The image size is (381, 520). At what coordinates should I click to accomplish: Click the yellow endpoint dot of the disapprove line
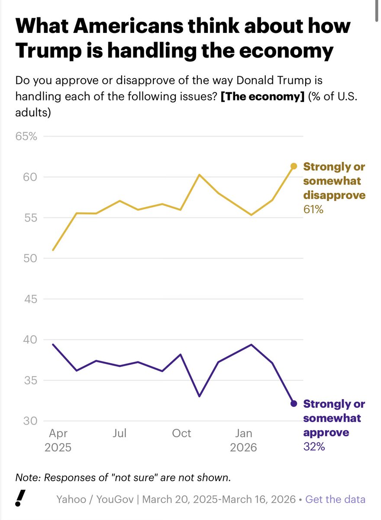point(294,166)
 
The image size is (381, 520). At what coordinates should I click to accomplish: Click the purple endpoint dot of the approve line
point(294,403)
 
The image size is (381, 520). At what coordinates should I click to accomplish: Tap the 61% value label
point(313,210)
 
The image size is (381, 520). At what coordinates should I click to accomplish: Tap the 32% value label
point(314,447)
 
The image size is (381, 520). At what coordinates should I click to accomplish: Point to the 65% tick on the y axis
point(27,136)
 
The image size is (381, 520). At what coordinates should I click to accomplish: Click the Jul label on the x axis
point(119,433)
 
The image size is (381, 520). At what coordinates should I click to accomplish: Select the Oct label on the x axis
point(181,433)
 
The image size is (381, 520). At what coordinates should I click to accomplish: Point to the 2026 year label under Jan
point(243,447)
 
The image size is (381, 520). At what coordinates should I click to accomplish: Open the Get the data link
point(335,499)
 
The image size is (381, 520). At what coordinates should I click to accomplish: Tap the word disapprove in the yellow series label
point(334,195)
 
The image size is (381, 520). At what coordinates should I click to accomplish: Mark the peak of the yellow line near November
point(199,175)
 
